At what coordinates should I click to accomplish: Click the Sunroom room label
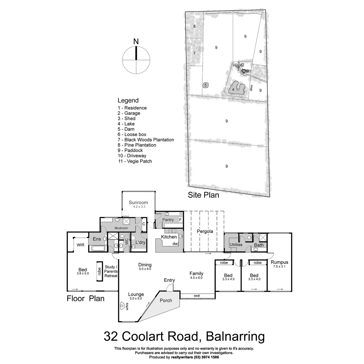pos(138,202)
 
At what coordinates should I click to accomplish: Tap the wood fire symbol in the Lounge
pos(122,306)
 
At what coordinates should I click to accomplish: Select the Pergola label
pos(205,231)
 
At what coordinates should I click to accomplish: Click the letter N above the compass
pos(136,41)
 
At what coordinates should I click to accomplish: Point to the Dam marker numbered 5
pos(206,85)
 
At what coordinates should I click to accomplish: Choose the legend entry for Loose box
pos(132,134)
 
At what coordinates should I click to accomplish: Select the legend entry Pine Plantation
pos(137,145)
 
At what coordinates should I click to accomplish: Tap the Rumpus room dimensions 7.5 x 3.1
pos(279,266)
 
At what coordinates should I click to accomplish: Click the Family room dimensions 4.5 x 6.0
pos(196,278)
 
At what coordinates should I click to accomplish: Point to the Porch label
pos(166,300)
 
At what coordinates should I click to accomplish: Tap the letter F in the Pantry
pos(180,220)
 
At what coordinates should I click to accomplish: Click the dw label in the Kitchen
pos(175,244)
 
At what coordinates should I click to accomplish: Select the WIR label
pos(80,245)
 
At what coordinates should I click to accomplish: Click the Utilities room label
pos(236,244)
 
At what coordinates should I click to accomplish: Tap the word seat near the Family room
pos(197,296)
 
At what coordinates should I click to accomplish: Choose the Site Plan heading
pos(204,195)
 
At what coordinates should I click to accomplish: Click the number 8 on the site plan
pos(194,26)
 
